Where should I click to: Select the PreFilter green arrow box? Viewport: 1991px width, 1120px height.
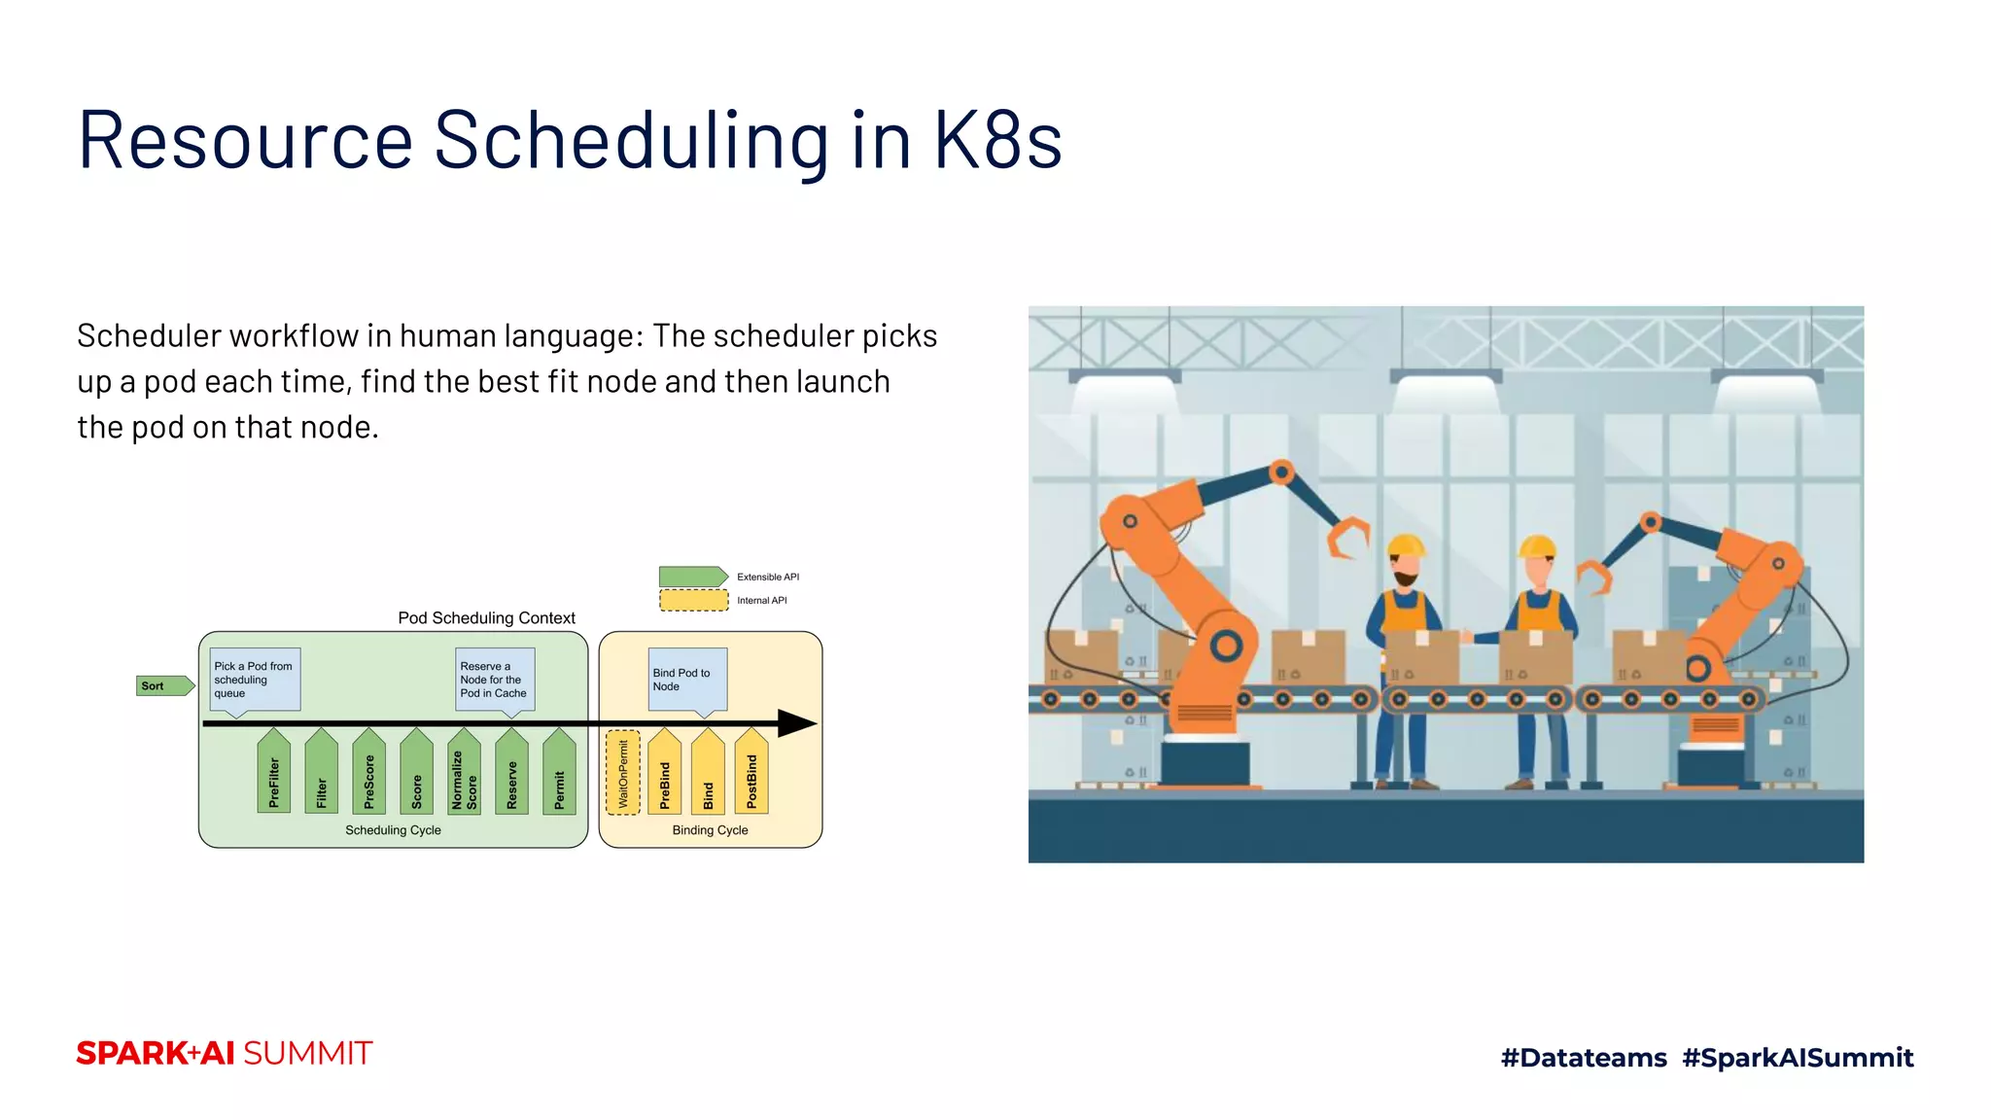click(x=274, y=773)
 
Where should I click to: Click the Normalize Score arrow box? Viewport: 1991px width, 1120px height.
click(x=464, y=773)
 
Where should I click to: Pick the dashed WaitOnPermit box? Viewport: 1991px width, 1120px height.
click(x=623, y=773)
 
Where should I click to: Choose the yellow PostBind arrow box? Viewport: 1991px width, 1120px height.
click(x=751, y=773)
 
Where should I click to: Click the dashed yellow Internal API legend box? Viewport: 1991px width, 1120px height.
click(x=693, y=601)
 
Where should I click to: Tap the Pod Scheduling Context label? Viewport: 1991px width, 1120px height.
click(x=486, y=618)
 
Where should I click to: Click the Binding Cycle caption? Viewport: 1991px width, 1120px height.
click(x=710, y=830)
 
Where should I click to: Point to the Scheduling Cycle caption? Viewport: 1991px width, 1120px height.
click(x=393, y=830)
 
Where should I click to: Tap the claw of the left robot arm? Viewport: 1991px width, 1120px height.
click(x=1348, y=537)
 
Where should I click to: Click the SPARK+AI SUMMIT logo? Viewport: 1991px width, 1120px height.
click(x=225, y=1054)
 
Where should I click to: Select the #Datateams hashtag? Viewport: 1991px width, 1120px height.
click(x=1584, y=1058)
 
